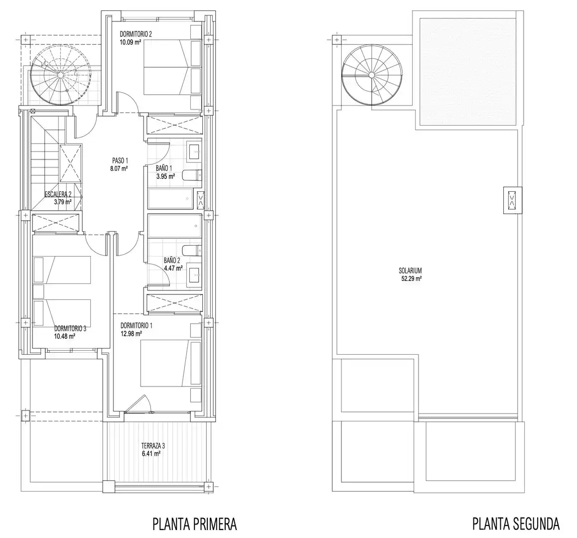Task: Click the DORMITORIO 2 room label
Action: pos(136,34)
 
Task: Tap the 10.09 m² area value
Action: pos(131,42)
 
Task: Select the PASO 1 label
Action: pos(120,161)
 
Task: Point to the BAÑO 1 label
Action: pos(164,168)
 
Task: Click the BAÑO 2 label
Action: pos(172,261)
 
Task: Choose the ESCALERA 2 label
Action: pos(58,194)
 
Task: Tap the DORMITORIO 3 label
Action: pos(70,329)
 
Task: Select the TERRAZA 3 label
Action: pos(153,446)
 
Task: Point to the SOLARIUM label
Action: pos(410,271)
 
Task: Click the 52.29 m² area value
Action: pos(412,279)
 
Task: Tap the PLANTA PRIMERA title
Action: pos(195,524)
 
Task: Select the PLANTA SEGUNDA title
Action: pos(516,524)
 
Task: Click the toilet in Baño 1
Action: pos(192,175)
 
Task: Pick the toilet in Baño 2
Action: pos(192,251)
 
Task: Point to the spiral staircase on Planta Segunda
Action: pos(372,75)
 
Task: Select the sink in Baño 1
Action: pos(195,151)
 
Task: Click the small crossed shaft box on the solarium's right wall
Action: pos(513,200)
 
